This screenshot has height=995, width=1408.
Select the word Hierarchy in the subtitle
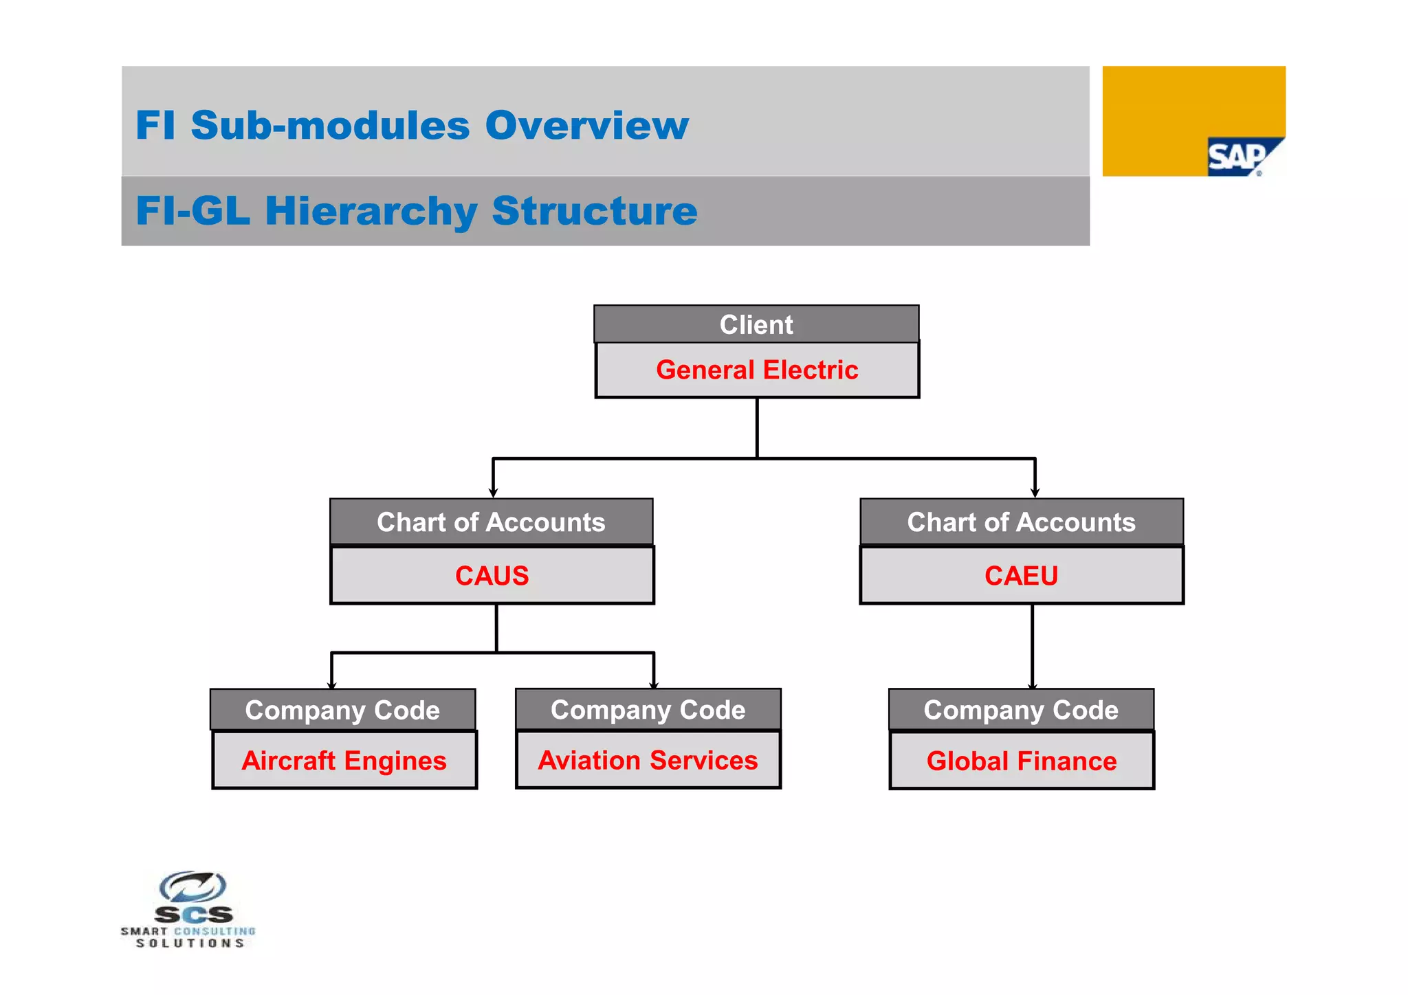(x=371, y=211)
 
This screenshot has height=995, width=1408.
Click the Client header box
(x=756, y=324)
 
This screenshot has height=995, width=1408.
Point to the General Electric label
(x=757, y=370)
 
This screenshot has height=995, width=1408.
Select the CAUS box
(x=492, y=576)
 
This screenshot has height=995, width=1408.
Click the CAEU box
(x=1022, y=576)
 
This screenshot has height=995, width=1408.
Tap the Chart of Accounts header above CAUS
(x=491, y=522)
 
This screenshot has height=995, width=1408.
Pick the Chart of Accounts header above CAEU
(x=1022, y=522)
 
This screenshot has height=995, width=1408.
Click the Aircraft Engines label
(x=344, y=761)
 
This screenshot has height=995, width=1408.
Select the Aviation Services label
(x=648, y=760)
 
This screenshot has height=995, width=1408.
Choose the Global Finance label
(x=1022, y=761)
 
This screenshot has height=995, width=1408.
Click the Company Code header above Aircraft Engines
(x=342, y=710)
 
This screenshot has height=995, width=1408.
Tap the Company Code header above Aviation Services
(x=648, y=709)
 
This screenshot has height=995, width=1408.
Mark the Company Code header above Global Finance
(x=1021, y=710)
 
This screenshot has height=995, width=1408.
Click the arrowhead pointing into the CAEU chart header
(x=1035, y=492)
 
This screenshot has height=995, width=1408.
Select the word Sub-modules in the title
(x=330, y=126)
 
